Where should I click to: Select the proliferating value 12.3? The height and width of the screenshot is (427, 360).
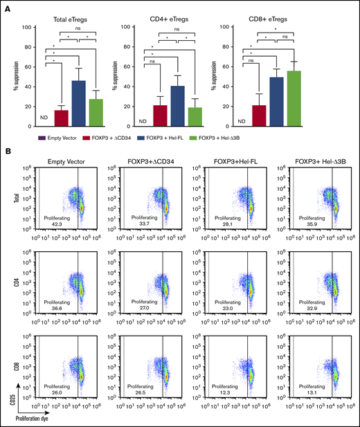click(224, 394)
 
